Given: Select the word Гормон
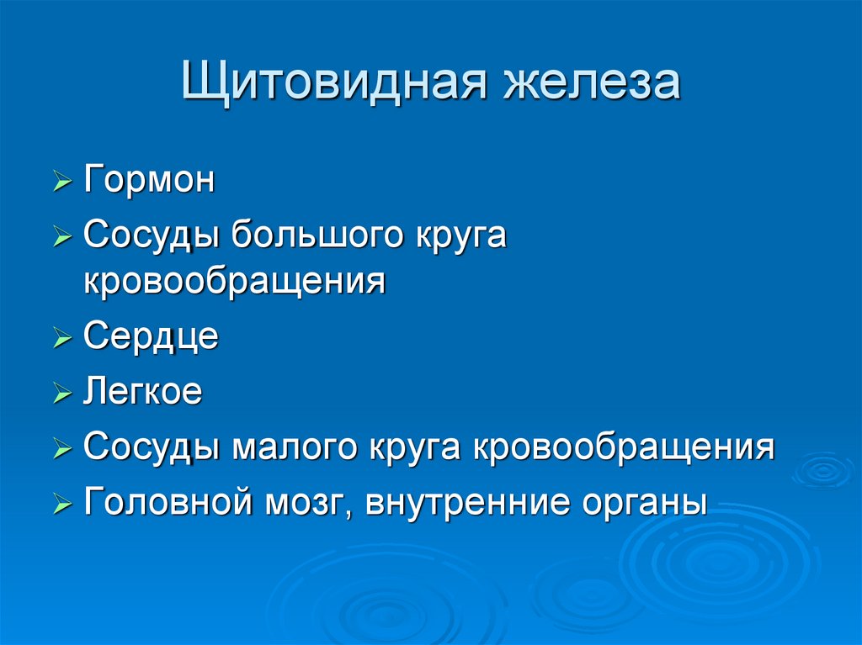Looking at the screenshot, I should pos(149,180).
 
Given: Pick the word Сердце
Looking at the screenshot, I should pos(151,336).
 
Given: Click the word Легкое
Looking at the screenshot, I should pos(142,392).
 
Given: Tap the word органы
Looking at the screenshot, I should pos(642,504).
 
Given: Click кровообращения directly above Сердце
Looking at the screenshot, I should pos(234,282).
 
